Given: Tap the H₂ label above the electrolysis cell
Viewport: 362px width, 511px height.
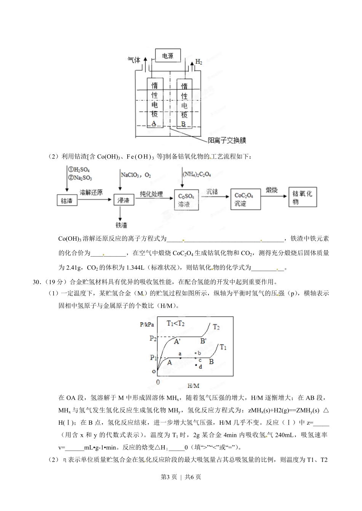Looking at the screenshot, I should click(x=199, y=61).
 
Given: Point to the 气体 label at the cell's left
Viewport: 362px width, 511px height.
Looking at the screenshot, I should click(x=134, y=60).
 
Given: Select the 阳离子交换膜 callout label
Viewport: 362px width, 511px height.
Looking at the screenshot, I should click(x=227, y=140).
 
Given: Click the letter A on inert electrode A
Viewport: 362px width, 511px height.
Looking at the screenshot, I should click(x=154, y=123).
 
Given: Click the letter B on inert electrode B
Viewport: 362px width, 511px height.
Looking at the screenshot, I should click(x=184, y=124).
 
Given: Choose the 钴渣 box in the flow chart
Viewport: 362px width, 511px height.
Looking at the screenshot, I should click(x=67, y=200).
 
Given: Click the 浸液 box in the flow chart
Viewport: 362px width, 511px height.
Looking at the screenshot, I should click(x=124, y=200).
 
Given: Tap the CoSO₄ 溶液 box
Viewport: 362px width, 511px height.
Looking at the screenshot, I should click(x=186, y=200).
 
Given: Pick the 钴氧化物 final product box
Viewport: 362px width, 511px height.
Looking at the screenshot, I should click(x=303, y=198).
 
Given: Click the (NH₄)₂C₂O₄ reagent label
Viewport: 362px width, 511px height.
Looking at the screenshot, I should click(x=197, y=174).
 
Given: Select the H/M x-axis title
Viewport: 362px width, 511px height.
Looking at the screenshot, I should click(x=193, y=386).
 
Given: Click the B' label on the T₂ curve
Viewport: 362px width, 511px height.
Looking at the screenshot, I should click(x=203, y=341).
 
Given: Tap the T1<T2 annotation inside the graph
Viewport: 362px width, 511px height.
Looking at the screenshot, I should click(x=176, y=324).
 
